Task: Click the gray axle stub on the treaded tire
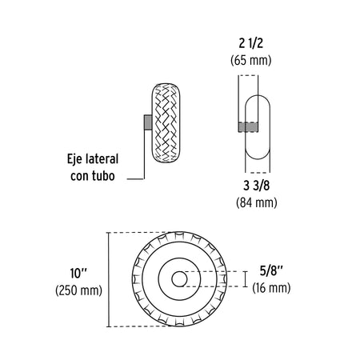tap(148, 122)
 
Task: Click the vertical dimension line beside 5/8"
tap(243, 278)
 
